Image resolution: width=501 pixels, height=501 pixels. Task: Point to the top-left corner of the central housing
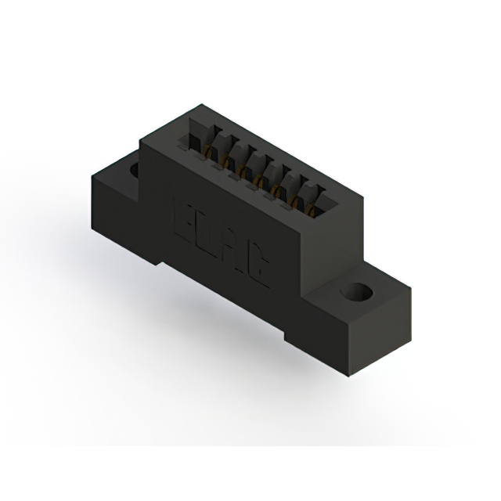click(142, 142)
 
